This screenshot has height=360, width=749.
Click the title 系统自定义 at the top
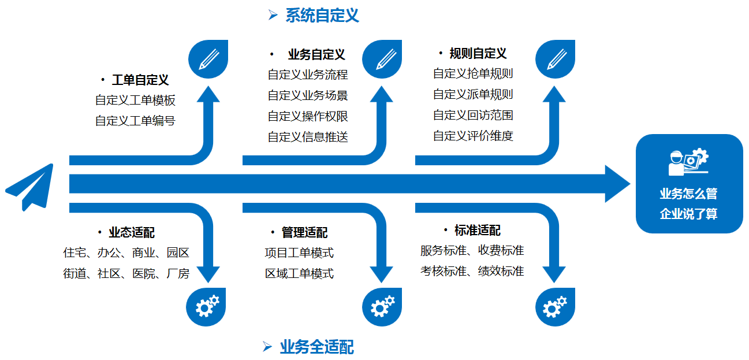click(x=322, y=16)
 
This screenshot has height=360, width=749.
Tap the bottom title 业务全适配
click(x=316, y=347)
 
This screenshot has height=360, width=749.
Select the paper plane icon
click(x=30, y=187)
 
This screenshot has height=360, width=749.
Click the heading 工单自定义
click(x=140, y=80)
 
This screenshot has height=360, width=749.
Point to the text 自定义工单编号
click(x=135, y=121)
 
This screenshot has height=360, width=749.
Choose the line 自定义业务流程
click(x=308, y=75)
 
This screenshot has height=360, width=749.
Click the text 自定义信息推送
click(x=308, y=137)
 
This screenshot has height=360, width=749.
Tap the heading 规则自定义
click(x=478, y=54)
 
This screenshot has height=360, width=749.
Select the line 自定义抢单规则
click(x=473, y=73)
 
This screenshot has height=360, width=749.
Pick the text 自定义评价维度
click(x=473, y=136)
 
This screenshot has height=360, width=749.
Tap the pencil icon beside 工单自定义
click(x=208, y=59)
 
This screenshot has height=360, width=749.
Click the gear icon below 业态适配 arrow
click(x=206, y=307)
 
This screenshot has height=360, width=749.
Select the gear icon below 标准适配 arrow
click(x=555, y=307)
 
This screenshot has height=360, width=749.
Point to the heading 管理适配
click(x=304, y=232)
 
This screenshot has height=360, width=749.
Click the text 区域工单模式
click(x=299, y=274)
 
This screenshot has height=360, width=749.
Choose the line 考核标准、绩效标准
click(x=472, y=271)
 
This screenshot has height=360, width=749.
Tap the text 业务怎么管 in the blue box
click(x=688, y=194)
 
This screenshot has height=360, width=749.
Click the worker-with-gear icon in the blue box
click(x=688, y=162)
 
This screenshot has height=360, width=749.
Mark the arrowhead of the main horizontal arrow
click(x=630, y=184)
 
